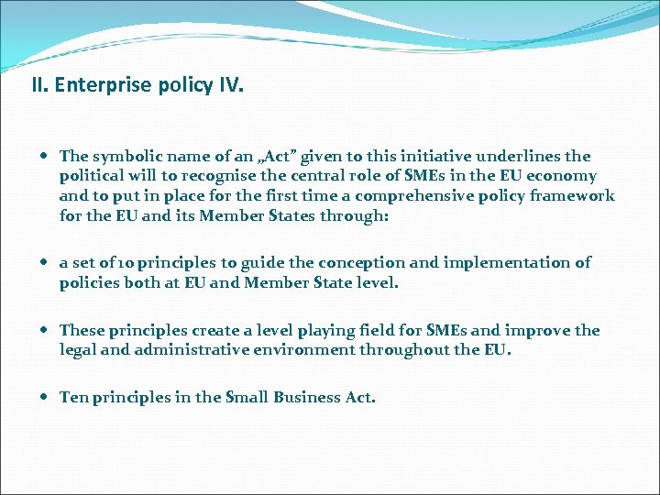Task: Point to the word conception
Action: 331,263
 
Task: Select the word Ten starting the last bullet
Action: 72,397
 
